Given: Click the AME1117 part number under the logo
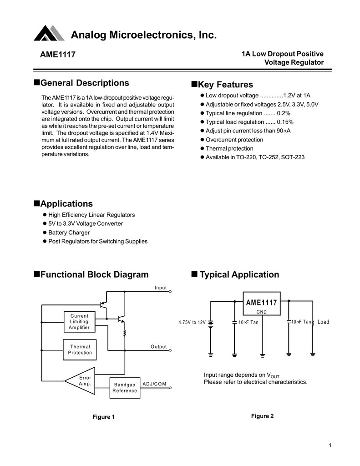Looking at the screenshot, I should point(58,55).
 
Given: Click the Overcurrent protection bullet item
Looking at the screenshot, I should point(234,140).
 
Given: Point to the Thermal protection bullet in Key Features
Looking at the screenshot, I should point(229,148).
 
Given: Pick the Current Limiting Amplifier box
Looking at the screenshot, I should point(80,321).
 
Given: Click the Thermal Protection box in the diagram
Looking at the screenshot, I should point(80,349).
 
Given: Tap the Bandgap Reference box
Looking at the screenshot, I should point(125,388).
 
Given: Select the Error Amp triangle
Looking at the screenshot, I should point(82,381).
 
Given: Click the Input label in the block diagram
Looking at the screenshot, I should point(161,288).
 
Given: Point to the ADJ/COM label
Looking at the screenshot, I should point(154,384).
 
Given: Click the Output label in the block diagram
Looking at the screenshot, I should point(159,347).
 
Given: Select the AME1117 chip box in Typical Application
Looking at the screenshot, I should point(261,304).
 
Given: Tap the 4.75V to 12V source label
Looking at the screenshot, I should point(192,322).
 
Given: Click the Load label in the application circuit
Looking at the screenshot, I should point(323,322).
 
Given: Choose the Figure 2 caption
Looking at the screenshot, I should point(263,416).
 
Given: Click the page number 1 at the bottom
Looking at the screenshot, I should point(330,445).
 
